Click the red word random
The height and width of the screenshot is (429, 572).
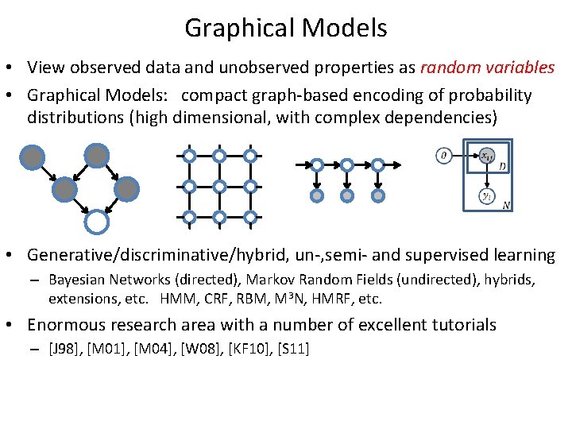click(449, 68)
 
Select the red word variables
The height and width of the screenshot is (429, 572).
click(519, 68)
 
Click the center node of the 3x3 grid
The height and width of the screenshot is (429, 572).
click(219, 187)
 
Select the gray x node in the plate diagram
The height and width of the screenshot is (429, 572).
click(485, 157)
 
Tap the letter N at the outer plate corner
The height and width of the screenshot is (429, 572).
click(506, 205)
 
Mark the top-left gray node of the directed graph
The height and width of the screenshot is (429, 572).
click(33, 157)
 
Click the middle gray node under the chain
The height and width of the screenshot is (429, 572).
click(347, 195)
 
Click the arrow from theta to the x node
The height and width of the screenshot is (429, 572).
click(465, 156)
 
